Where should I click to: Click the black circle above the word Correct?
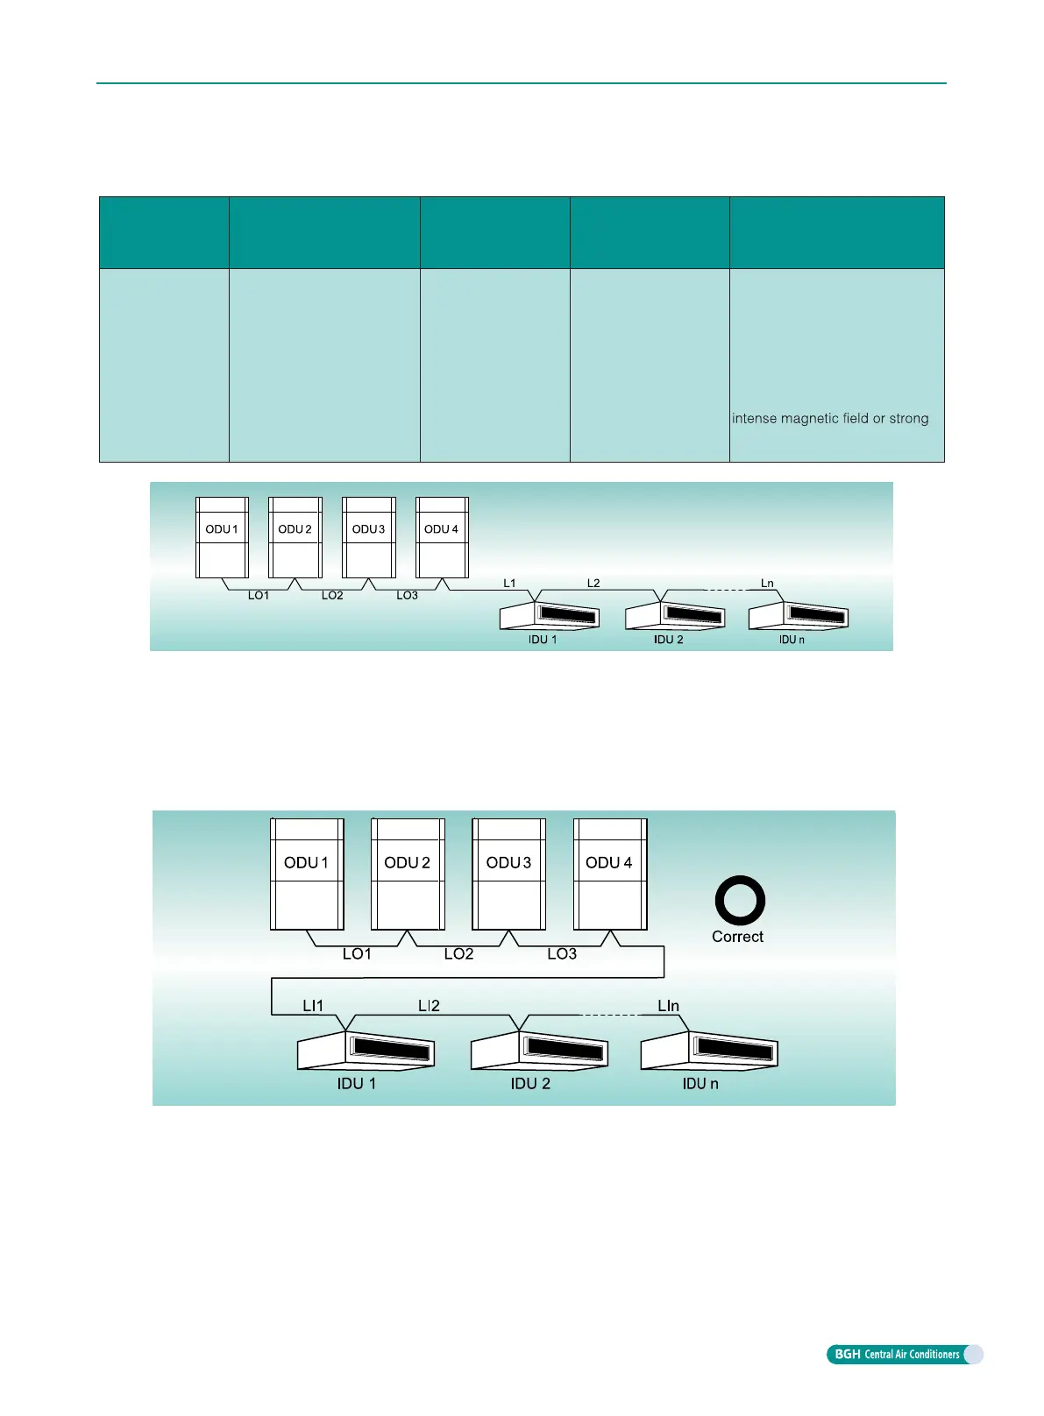click(x=740, y=900)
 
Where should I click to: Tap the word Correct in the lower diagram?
click(x=737, y=937)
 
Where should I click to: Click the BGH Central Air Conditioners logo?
click(x=904, y=1355)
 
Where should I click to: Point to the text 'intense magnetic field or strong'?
click(x=830, y=419)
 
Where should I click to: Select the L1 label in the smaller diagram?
click(x=509, y=583)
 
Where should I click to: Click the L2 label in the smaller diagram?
click(x=593, y=583)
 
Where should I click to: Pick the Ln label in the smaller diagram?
click(x=767, y=584)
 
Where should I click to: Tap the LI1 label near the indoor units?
click(x=313, y=1006)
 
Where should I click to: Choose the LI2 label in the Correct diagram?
click(x=429, y=1006)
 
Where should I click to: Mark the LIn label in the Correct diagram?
click(x=668, y=1006)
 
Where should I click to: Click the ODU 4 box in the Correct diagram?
click(x=609, y=874)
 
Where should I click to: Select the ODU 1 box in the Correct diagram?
click(x=306, y=874)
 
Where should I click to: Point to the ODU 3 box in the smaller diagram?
click(x=368, y=537)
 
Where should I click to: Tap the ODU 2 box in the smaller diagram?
click(x=295, y=537)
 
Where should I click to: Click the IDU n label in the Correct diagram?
click(x=700, y=1084)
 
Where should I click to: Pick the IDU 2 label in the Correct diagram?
click(x=530, y=1084)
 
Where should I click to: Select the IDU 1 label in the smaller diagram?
click(x=543, y=640)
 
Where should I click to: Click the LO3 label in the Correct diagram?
click(x=562, y=954)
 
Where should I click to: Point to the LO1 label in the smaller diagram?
click(x=259, y=596)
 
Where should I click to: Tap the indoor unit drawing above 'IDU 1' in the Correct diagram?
click(x=366, y=1049)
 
